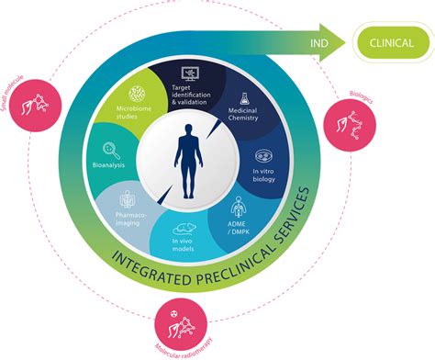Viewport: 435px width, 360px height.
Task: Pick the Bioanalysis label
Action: tap(108, 168)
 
